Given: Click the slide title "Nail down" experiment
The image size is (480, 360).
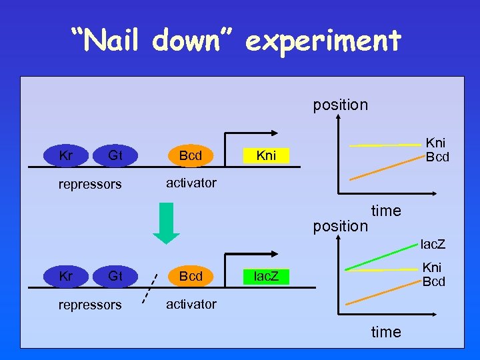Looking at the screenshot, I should pyautogui.click(x=237, y=41).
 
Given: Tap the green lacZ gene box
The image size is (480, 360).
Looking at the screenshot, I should pyautogui.click(x=266, y=276).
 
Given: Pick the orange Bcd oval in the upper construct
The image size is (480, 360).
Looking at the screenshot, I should pyautogui.click(x=191, y=156).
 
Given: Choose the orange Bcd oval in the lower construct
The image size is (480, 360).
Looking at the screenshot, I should pyautogui.click(x=191, y=276).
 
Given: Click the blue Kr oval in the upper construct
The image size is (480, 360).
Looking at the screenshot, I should pyautogui.click(x=66, y=156).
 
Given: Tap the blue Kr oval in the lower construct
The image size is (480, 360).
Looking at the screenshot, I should pyautogui.click(x=66, y=276).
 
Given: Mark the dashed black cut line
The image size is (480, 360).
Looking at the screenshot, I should pyautogui.click(x=150, y=287).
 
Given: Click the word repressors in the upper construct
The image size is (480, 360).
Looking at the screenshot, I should pyautogui.click(x=90, y=184).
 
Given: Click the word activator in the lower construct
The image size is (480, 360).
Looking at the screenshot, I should pyautogui.click(x=191, y=304).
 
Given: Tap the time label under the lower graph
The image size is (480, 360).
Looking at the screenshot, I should pyautogui.click(x=386, y=331).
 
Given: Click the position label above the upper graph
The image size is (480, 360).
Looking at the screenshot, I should pyautogui.click(x=340, y=105).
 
